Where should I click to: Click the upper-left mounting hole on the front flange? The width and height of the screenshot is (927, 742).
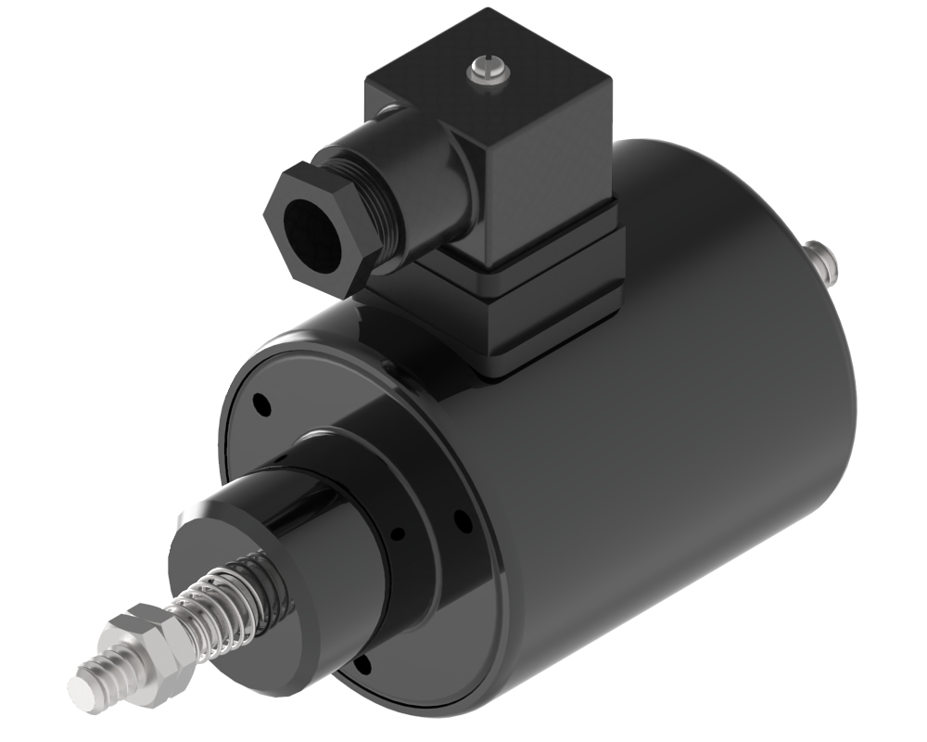[x=262, y=404]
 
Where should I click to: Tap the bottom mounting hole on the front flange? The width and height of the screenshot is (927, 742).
[x=363, y=662]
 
